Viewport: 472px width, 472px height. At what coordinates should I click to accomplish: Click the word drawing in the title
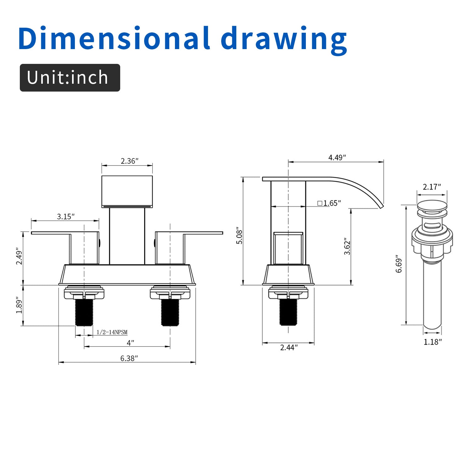pos(284,40)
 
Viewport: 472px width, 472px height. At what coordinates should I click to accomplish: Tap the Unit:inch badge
pos(70,78)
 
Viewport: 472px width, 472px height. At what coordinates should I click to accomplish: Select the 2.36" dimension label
pos(130,161)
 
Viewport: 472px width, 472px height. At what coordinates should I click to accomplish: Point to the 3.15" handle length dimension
pos(66,216)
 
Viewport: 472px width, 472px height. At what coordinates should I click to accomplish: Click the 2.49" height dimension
pos(20,257)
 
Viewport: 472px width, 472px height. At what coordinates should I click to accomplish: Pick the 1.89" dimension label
pos(20,305)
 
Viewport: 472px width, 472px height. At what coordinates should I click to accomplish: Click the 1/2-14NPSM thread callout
pos(112,332)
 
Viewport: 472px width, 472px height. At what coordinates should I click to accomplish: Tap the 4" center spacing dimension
pos(130,343)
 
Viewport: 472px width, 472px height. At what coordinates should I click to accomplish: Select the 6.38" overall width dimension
pos(129,358)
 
